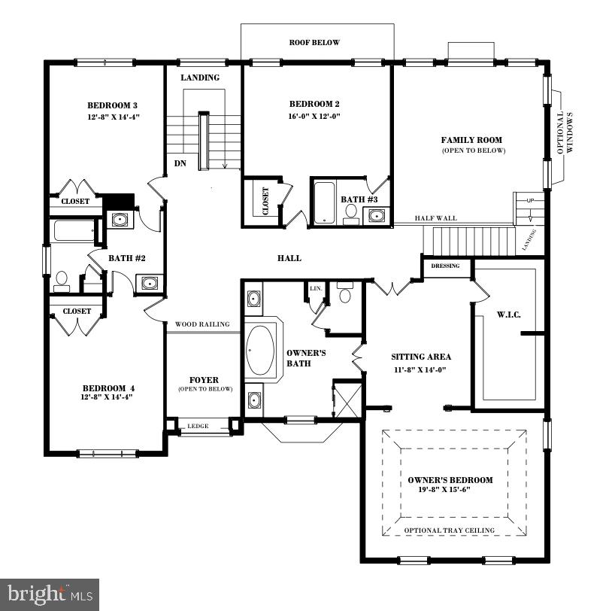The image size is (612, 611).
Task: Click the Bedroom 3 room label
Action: point(112,105)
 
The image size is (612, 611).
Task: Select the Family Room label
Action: point(471,140)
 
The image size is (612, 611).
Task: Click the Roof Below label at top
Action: point(314,43)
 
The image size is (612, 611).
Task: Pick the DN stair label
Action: point(180,163)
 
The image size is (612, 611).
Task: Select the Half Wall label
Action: point(435,219)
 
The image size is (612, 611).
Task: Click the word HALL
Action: point(289,258)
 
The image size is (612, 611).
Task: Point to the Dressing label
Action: point(445,266)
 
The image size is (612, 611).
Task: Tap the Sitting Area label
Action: point(421,357)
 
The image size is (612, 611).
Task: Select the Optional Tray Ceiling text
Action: point(450,530)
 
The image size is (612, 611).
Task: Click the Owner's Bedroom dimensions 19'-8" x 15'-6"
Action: point(450,490)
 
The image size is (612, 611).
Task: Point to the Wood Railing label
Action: point(202,324)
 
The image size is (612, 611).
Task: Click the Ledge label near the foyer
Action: point(198,427)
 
